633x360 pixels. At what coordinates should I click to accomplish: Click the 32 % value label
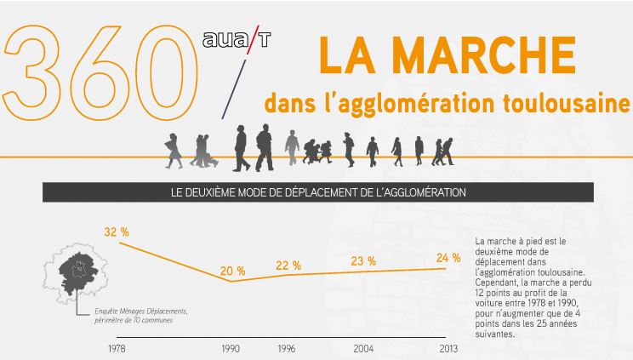(x=117, y=232)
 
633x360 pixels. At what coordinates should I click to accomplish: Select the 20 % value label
(x=232, y=271)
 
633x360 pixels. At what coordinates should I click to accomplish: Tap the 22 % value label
(x=288, y=266)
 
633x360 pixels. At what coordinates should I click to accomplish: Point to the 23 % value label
(x=363, y=261)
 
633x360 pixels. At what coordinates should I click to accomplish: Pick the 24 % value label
(x=448, y=258)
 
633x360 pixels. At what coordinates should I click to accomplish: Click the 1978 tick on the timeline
(x=117, y=349)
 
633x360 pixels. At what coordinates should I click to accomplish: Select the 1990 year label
(x=231, y=349)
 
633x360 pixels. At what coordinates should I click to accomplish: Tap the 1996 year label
(x=287, y=349)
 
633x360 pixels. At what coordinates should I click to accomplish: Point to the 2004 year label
(x=363, y=349)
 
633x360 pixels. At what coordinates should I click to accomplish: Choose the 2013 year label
(x=448, y=349)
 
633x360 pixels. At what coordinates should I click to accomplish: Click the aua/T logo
(x=237, y=40)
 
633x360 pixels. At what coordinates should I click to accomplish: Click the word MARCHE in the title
(x=483, y=55)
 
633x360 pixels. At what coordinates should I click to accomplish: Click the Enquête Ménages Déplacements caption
(x=141, y=311)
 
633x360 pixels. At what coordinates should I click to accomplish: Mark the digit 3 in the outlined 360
(x=32, y=72)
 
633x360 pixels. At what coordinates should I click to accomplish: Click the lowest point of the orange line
(x=231, y=281)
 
